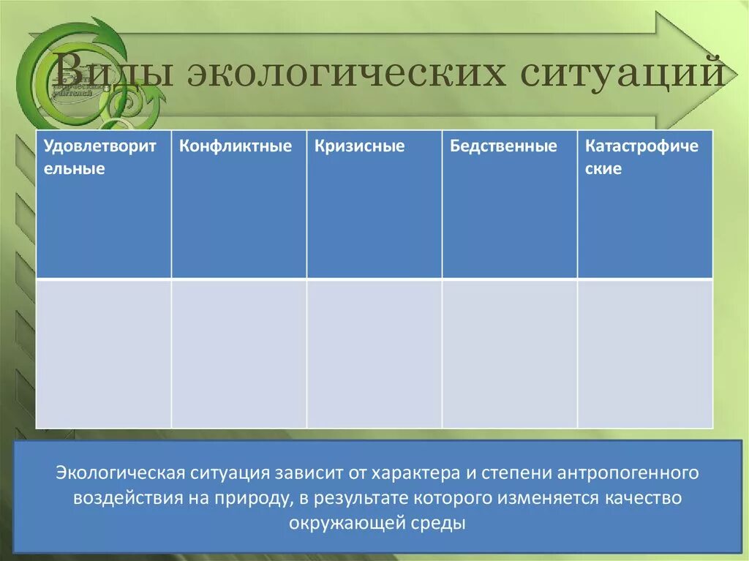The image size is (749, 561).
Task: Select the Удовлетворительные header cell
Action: [x=103, y=204]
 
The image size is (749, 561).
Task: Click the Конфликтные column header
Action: [x=238, y=204]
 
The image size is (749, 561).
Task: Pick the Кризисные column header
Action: [x=374, y=204]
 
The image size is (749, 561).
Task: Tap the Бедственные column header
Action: [x=509, y=204]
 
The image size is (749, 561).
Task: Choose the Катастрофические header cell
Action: [x=644, y=204]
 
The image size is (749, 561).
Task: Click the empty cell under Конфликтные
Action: [x=238, y=353]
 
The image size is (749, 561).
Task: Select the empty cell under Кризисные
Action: [x=374, y=353]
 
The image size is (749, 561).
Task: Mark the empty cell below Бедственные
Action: [x=509, y=353]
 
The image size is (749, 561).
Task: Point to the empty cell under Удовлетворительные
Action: [x=103, y=353]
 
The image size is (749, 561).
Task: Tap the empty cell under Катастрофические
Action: [x=644, y=353]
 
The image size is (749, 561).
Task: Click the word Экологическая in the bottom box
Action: [x=120, y=472]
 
